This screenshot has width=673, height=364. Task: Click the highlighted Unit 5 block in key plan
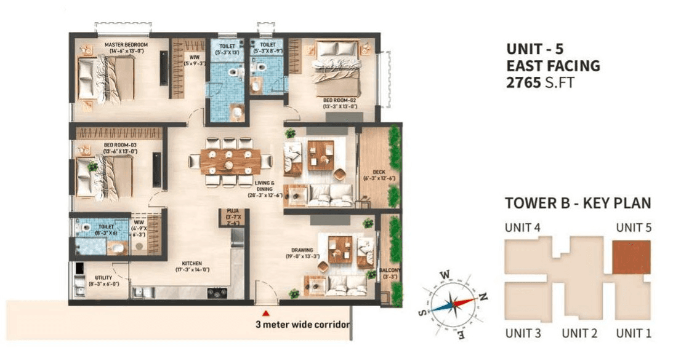coord(631,256)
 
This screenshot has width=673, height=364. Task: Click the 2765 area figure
coord(523,82)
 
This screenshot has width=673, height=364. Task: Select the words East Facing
coord(552,65)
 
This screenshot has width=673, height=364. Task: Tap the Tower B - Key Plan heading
coord(578,204)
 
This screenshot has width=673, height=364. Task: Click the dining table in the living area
coord(230,162)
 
